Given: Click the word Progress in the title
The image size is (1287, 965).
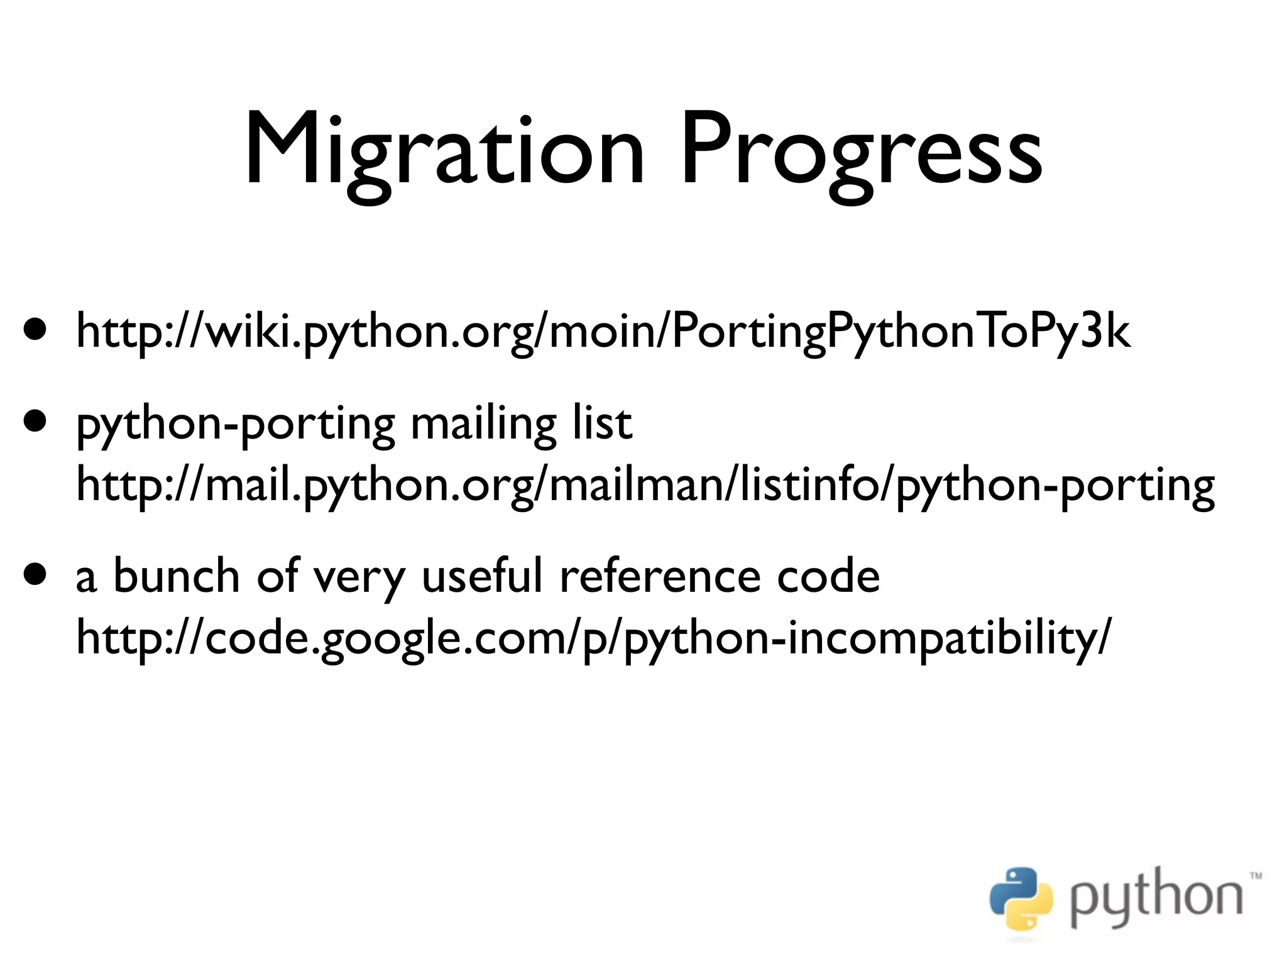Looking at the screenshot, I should pos(861,151).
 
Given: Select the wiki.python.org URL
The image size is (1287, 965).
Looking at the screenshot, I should pos(602,332).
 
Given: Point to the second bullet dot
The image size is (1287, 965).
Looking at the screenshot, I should pos(35,420).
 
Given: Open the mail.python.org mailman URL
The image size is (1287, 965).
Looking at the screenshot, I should pos(645,485).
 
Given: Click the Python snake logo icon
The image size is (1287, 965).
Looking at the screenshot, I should pos(1021,899).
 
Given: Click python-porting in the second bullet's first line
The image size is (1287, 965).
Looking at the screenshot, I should pos(236,425).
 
